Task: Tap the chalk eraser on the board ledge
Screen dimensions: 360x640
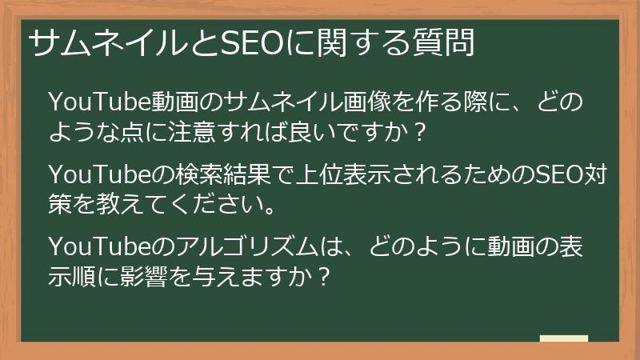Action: [x=564, y=338]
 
